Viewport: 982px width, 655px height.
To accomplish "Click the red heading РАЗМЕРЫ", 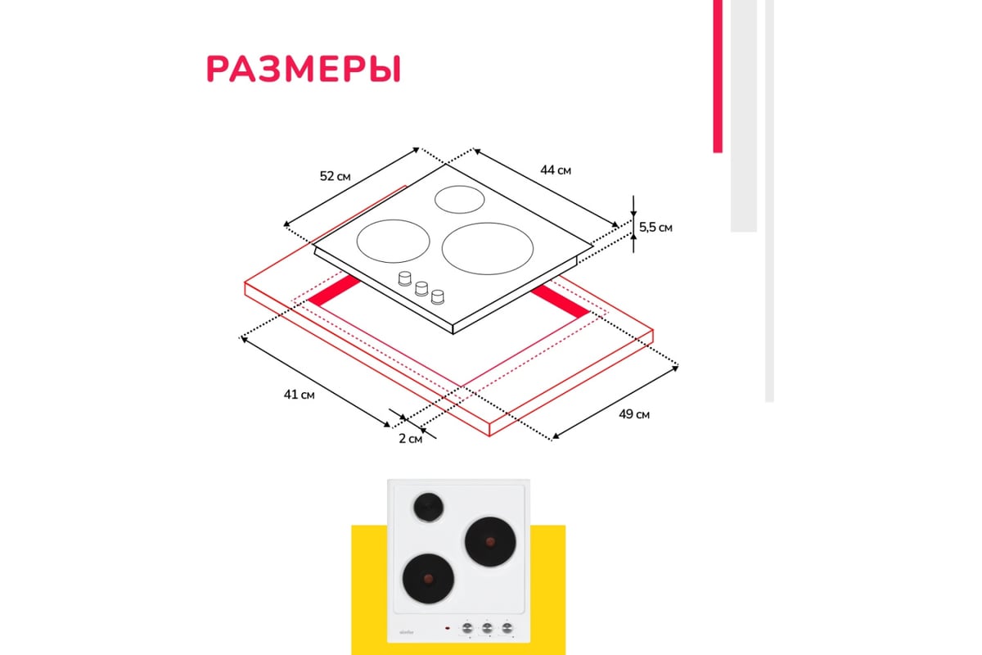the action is point(304,70).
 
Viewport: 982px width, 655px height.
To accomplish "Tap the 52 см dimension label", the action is point(336,176).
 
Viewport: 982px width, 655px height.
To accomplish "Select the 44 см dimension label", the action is point(555,169).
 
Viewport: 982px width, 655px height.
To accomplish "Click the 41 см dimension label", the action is point(300,395).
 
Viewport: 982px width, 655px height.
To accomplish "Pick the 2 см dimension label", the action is point(410,439).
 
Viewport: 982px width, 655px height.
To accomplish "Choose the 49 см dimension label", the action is point(633,414).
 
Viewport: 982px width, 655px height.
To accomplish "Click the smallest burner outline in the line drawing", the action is point(458,198).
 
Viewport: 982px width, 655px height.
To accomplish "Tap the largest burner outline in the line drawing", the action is point(488,245).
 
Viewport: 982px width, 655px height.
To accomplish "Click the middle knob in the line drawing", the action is point(421,287).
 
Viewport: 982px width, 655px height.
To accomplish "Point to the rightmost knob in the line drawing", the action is point(439,296).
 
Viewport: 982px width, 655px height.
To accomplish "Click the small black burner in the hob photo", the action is point(427,508).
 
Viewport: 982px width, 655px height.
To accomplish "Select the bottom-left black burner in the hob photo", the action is point(426,577).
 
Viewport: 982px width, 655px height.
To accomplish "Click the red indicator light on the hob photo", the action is point(447,628).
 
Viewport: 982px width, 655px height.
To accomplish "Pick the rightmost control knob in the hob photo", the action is point(508,628).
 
